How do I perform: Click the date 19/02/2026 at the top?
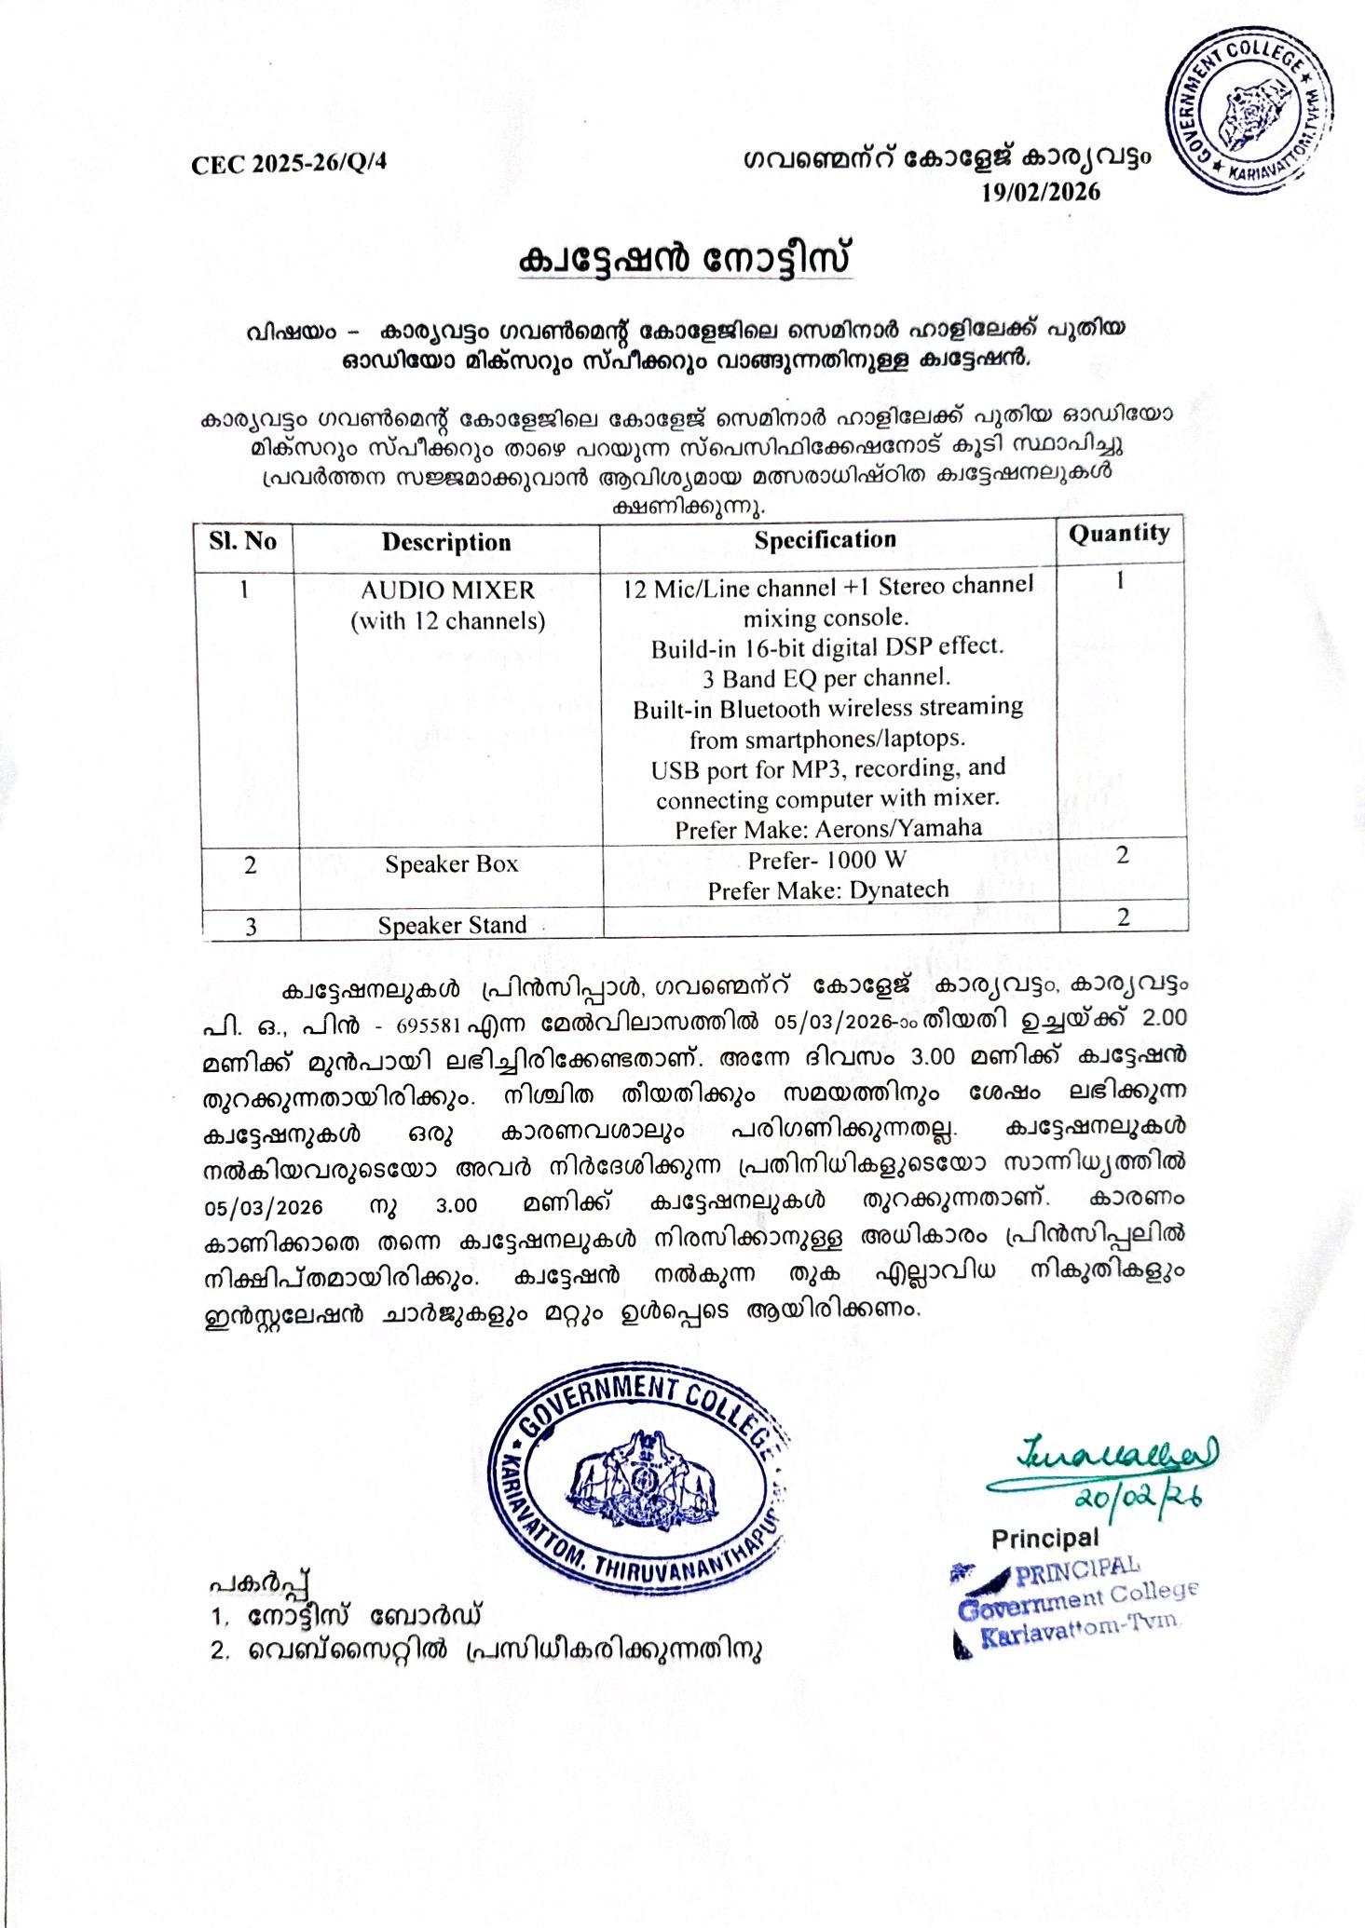point(1041,192)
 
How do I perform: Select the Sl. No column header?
point(243,541)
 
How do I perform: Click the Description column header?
point(446,542)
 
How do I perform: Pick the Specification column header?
point(825,539)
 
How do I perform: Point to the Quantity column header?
point(1118,533)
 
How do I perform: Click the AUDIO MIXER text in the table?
point(447,590)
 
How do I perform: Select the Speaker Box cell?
point(451,864)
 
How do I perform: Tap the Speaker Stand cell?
point(452,925)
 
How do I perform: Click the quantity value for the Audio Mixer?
point(1121,579)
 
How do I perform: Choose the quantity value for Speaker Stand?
point(1124,917)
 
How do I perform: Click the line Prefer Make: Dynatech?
point(827,889)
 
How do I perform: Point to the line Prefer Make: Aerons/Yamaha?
point(827,828)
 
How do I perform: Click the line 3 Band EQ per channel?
point(826,676)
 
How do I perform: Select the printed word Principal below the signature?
point(1044,1537)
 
